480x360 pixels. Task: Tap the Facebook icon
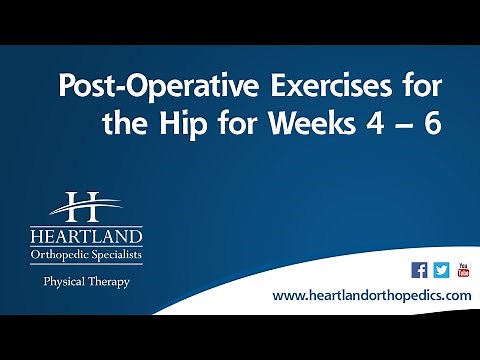coord(420,270)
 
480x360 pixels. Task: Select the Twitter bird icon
coord(441,270)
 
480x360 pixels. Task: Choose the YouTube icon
coord(462,270)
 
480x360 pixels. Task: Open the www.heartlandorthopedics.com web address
coord(371,297)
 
